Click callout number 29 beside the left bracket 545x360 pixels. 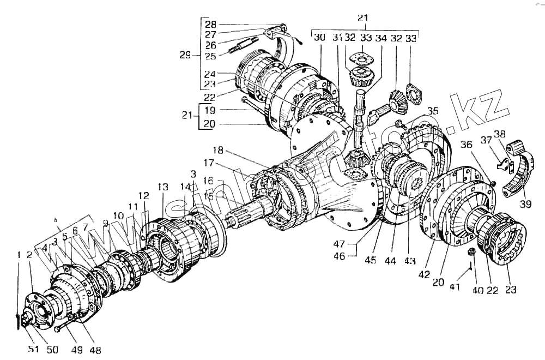point(186,55)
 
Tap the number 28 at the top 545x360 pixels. point(210,25)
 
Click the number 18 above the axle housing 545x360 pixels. point(218,150)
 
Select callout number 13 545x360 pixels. point(163,187)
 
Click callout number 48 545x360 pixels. point(95,350)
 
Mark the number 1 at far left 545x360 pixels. point(18,254)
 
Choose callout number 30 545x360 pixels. point(320,38)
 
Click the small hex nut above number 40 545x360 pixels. point(473,252)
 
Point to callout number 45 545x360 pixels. point(371,261)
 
